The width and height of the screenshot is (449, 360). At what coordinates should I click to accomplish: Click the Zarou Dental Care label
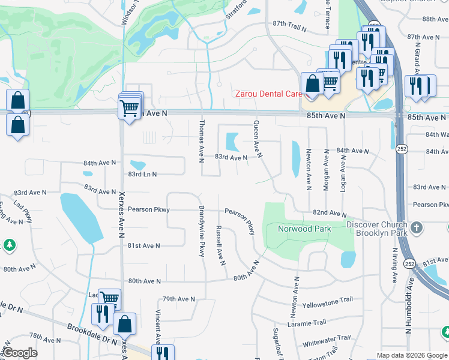click(268, 94)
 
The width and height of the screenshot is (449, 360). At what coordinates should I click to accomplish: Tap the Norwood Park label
click(304, 229)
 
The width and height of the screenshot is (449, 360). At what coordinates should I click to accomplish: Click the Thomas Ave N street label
click(202, 140)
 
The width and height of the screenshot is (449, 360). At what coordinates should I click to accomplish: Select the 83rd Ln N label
click(142, 175)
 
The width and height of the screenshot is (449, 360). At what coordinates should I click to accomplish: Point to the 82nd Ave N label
click(329, 214)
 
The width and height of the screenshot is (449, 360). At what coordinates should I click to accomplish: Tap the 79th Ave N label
click(179, 299)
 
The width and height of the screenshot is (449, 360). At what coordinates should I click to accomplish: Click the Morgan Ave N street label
click(326, 170)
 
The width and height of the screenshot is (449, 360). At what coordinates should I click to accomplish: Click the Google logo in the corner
click(20, 353)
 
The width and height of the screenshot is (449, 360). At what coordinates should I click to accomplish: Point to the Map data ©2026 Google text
click(412, 355)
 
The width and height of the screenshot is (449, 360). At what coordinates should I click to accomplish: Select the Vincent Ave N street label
click(158, 326)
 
